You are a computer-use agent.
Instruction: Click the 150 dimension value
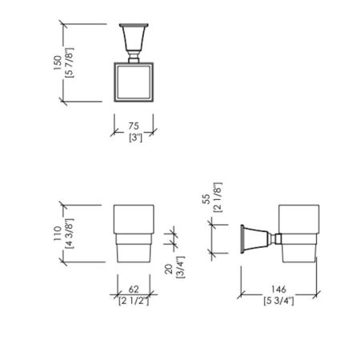58,63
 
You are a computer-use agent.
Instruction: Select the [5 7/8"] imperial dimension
70,63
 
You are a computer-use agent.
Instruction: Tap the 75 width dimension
134,126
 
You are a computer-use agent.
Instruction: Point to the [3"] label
135,138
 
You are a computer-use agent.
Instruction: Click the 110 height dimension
58,234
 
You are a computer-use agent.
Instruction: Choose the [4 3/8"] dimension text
70,234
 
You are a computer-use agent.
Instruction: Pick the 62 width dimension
134,290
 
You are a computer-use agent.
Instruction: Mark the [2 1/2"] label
134,301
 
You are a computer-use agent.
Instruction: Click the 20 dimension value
169,269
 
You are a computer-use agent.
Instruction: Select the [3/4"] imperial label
180,267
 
